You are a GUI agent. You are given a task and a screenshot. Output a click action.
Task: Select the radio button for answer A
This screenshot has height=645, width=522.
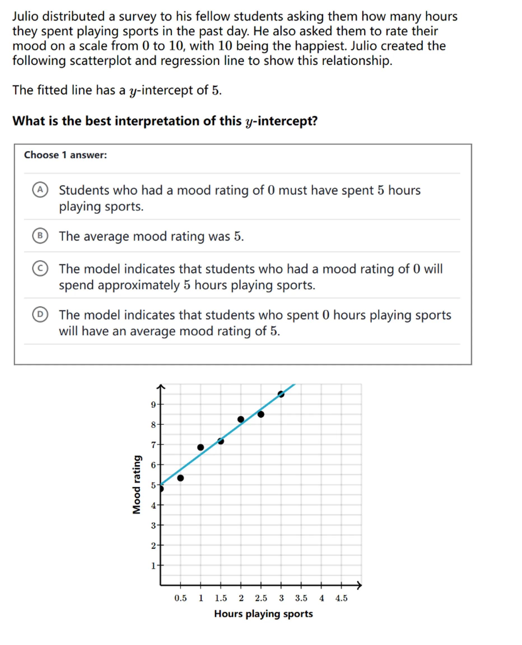click(x=40, y=190)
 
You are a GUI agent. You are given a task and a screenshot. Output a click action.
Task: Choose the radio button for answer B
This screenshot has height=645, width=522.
click(x=40, y=236)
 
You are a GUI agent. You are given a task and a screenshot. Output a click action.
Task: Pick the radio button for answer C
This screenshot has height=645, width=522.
click(x=40, y=268)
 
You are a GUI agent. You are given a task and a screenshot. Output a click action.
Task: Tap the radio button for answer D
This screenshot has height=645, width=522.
click(x=40, y=314)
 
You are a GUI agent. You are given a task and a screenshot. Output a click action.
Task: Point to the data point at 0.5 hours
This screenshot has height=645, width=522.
click(x=180, y=478)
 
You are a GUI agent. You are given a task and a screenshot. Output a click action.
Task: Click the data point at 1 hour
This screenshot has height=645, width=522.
click(x=201, y=447)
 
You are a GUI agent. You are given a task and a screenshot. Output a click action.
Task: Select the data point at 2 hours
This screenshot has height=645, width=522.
click(x=241, y=419)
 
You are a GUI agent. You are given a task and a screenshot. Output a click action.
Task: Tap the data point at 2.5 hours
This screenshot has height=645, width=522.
click(x=261, y=415)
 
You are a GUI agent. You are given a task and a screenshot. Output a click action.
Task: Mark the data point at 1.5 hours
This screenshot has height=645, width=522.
click(x=220, y=441)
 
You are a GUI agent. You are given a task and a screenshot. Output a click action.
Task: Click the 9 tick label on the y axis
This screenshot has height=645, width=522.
click(x=153, y=405)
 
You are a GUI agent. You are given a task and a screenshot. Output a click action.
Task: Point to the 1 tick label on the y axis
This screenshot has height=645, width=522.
click(x=153, y=566)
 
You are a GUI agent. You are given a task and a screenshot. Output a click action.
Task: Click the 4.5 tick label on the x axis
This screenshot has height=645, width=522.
click(x=341, y=598)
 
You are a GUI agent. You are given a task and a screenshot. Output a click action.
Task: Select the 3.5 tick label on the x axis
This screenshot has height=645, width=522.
click(x=301, y=598)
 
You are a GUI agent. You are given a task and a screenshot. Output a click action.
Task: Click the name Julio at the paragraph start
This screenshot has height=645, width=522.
click(x=25, y=17)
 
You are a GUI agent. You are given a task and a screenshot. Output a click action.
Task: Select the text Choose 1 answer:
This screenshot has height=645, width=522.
click(x=65, y=155)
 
